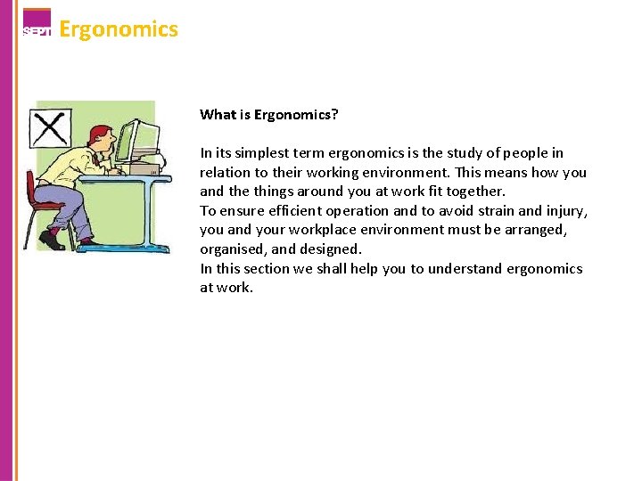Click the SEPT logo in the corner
37,23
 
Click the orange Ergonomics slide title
119,29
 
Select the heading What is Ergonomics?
269,114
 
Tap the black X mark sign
51,127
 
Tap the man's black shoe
52,240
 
